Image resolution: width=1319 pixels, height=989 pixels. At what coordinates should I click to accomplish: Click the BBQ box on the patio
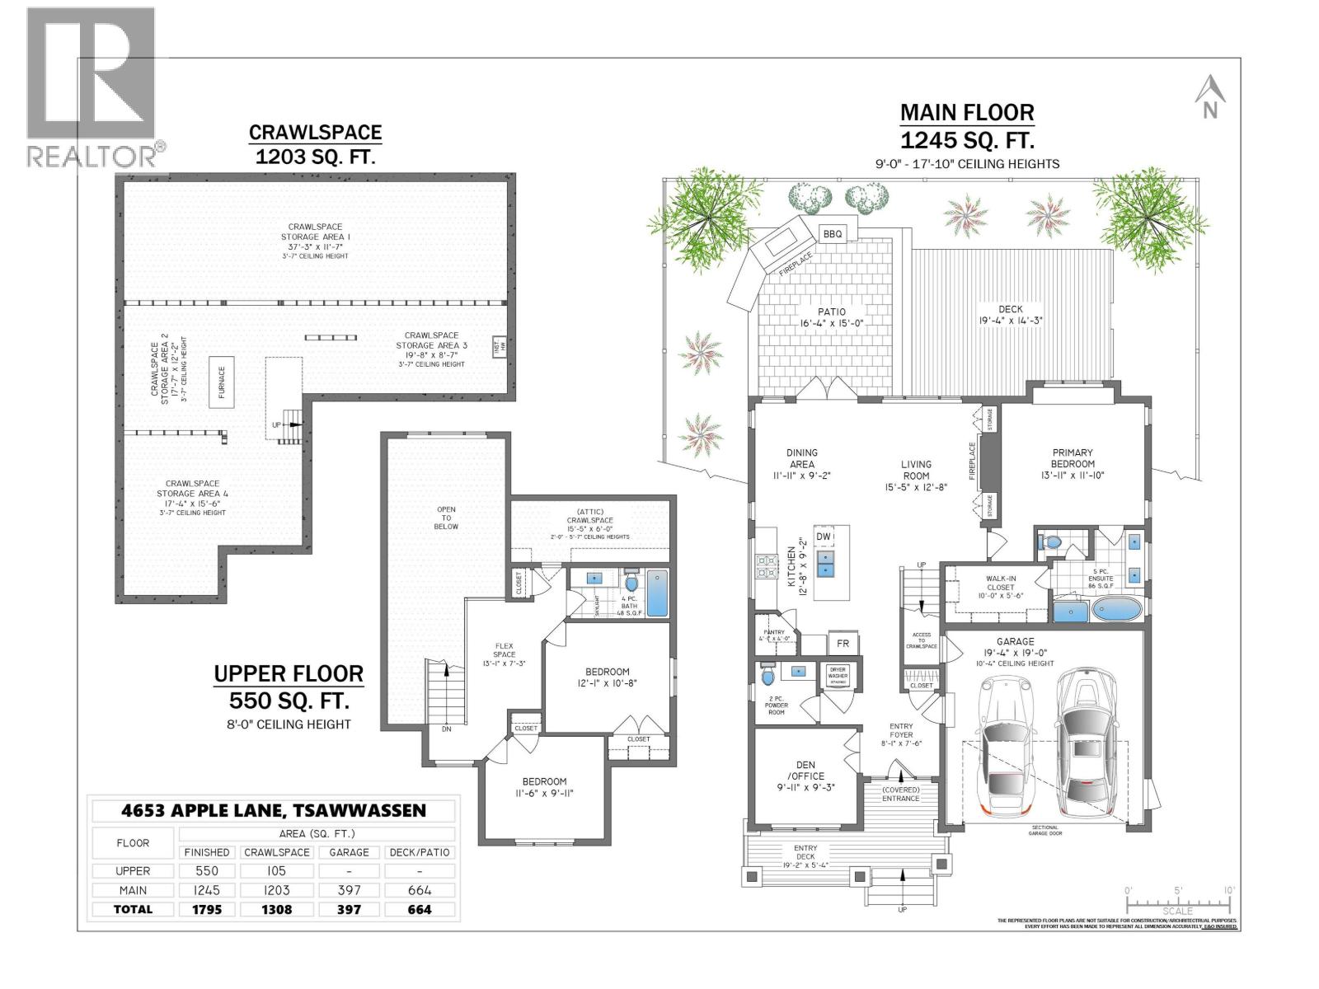click(833, 234)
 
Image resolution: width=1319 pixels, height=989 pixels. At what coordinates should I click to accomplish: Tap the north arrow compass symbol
click(1209, 97)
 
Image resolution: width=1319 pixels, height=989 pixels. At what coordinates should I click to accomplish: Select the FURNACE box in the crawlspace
click(221, 382)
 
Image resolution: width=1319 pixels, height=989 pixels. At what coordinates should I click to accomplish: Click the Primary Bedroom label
click(1073, 463)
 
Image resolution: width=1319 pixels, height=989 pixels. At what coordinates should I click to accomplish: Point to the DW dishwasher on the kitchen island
click(824, 537)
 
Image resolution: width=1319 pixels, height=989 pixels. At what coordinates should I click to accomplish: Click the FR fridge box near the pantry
click(843, 644)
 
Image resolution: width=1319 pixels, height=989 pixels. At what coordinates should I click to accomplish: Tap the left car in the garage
click(1005, 746)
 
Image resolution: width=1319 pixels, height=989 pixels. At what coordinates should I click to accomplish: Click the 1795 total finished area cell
click(206, 909)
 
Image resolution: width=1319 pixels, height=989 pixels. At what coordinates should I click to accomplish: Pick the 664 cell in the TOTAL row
click(420, 909)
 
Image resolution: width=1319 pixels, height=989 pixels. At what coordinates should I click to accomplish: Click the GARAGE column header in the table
click(349, 852)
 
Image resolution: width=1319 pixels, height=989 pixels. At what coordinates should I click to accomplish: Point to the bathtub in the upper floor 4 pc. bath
click(657, 593)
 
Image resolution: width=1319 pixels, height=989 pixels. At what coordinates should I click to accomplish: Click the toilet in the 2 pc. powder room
click(768, 676)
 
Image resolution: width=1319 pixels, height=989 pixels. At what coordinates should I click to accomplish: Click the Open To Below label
click(446, 518)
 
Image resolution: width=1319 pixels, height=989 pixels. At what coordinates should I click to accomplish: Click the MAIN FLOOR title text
click(966, 112)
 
